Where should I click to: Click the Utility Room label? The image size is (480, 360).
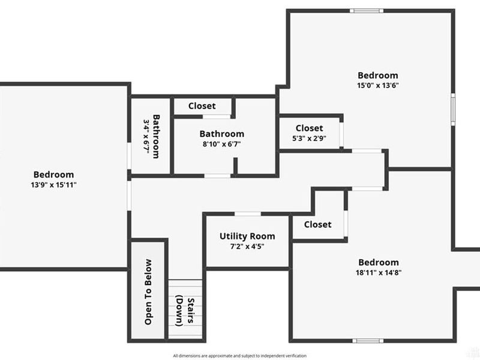click(x=247, y=236)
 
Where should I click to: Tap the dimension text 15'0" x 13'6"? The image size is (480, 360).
click(x=378, y=85)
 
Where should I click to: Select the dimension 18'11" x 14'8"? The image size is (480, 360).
click(x=378, y=272)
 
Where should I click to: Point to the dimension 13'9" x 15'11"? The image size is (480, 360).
click(x=54, y=185)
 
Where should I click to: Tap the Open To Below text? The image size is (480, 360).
click(x=148, y=292)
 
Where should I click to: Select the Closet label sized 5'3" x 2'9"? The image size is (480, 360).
click(x=309, y=128)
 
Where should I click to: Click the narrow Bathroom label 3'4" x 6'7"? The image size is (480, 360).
click(x=151, y=136)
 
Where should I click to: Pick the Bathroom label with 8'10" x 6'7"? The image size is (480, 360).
click(x=222, y=134)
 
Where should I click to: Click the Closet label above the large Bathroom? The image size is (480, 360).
click(x=202, y=106)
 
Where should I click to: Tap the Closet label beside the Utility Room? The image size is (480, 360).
click(x=317, y=224)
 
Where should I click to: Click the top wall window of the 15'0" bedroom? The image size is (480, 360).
click(x=367, y=10)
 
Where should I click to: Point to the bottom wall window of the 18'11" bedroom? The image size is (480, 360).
click(x=368, y=341)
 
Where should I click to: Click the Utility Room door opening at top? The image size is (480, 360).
click(x=247, y=214)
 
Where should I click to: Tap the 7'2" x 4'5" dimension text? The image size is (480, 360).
click(x=247, y=246)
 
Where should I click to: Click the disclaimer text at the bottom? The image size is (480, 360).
click(x=239, y=355)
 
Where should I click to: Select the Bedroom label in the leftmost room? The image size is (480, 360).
click(x=54, y=175)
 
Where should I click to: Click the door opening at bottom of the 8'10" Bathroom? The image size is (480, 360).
click(x=218, y=176)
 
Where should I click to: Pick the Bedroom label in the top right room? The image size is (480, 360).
click(x=378, y=75)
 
